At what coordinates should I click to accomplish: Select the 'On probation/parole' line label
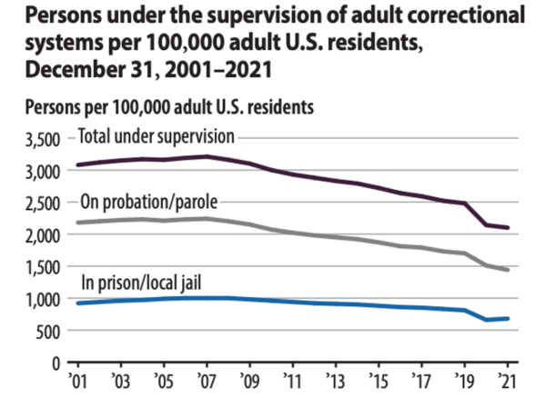pyautogui.click(x=151, y=202)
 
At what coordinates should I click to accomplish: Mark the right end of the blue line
pyautogui.click(x=507, y=318)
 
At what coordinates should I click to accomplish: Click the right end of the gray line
pyautogui.click(x=507, y=271)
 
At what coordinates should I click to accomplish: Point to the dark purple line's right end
pyautogui.click(x=507, y=228)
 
